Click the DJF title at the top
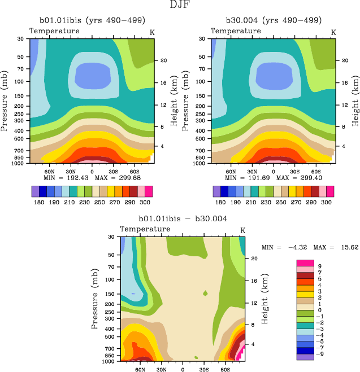[x=180, y=5]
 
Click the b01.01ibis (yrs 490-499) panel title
[x=90, y=20]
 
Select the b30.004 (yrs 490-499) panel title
[x=272, y=20]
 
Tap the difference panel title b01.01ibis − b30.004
[x=181, y=218]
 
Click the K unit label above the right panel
[x=333, y=32]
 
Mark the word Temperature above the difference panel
[x=145, y=229]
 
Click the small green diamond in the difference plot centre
[x=206, y=293]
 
